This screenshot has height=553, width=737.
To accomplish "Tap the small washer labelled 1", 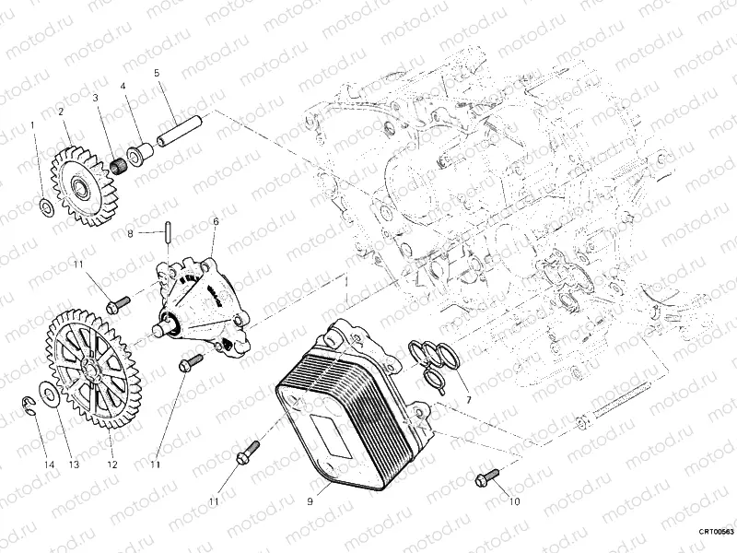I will click(46, 204).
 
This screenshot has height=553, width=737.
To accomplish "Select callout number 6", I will click(215, 221).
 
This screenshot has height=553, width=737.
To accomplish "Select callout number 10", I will click(513, 502).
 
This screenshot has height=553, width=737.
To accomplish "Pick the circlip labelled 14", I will click(29, 402).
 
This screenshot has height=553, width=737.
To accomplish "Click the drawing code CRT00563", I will click(715, 532).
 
